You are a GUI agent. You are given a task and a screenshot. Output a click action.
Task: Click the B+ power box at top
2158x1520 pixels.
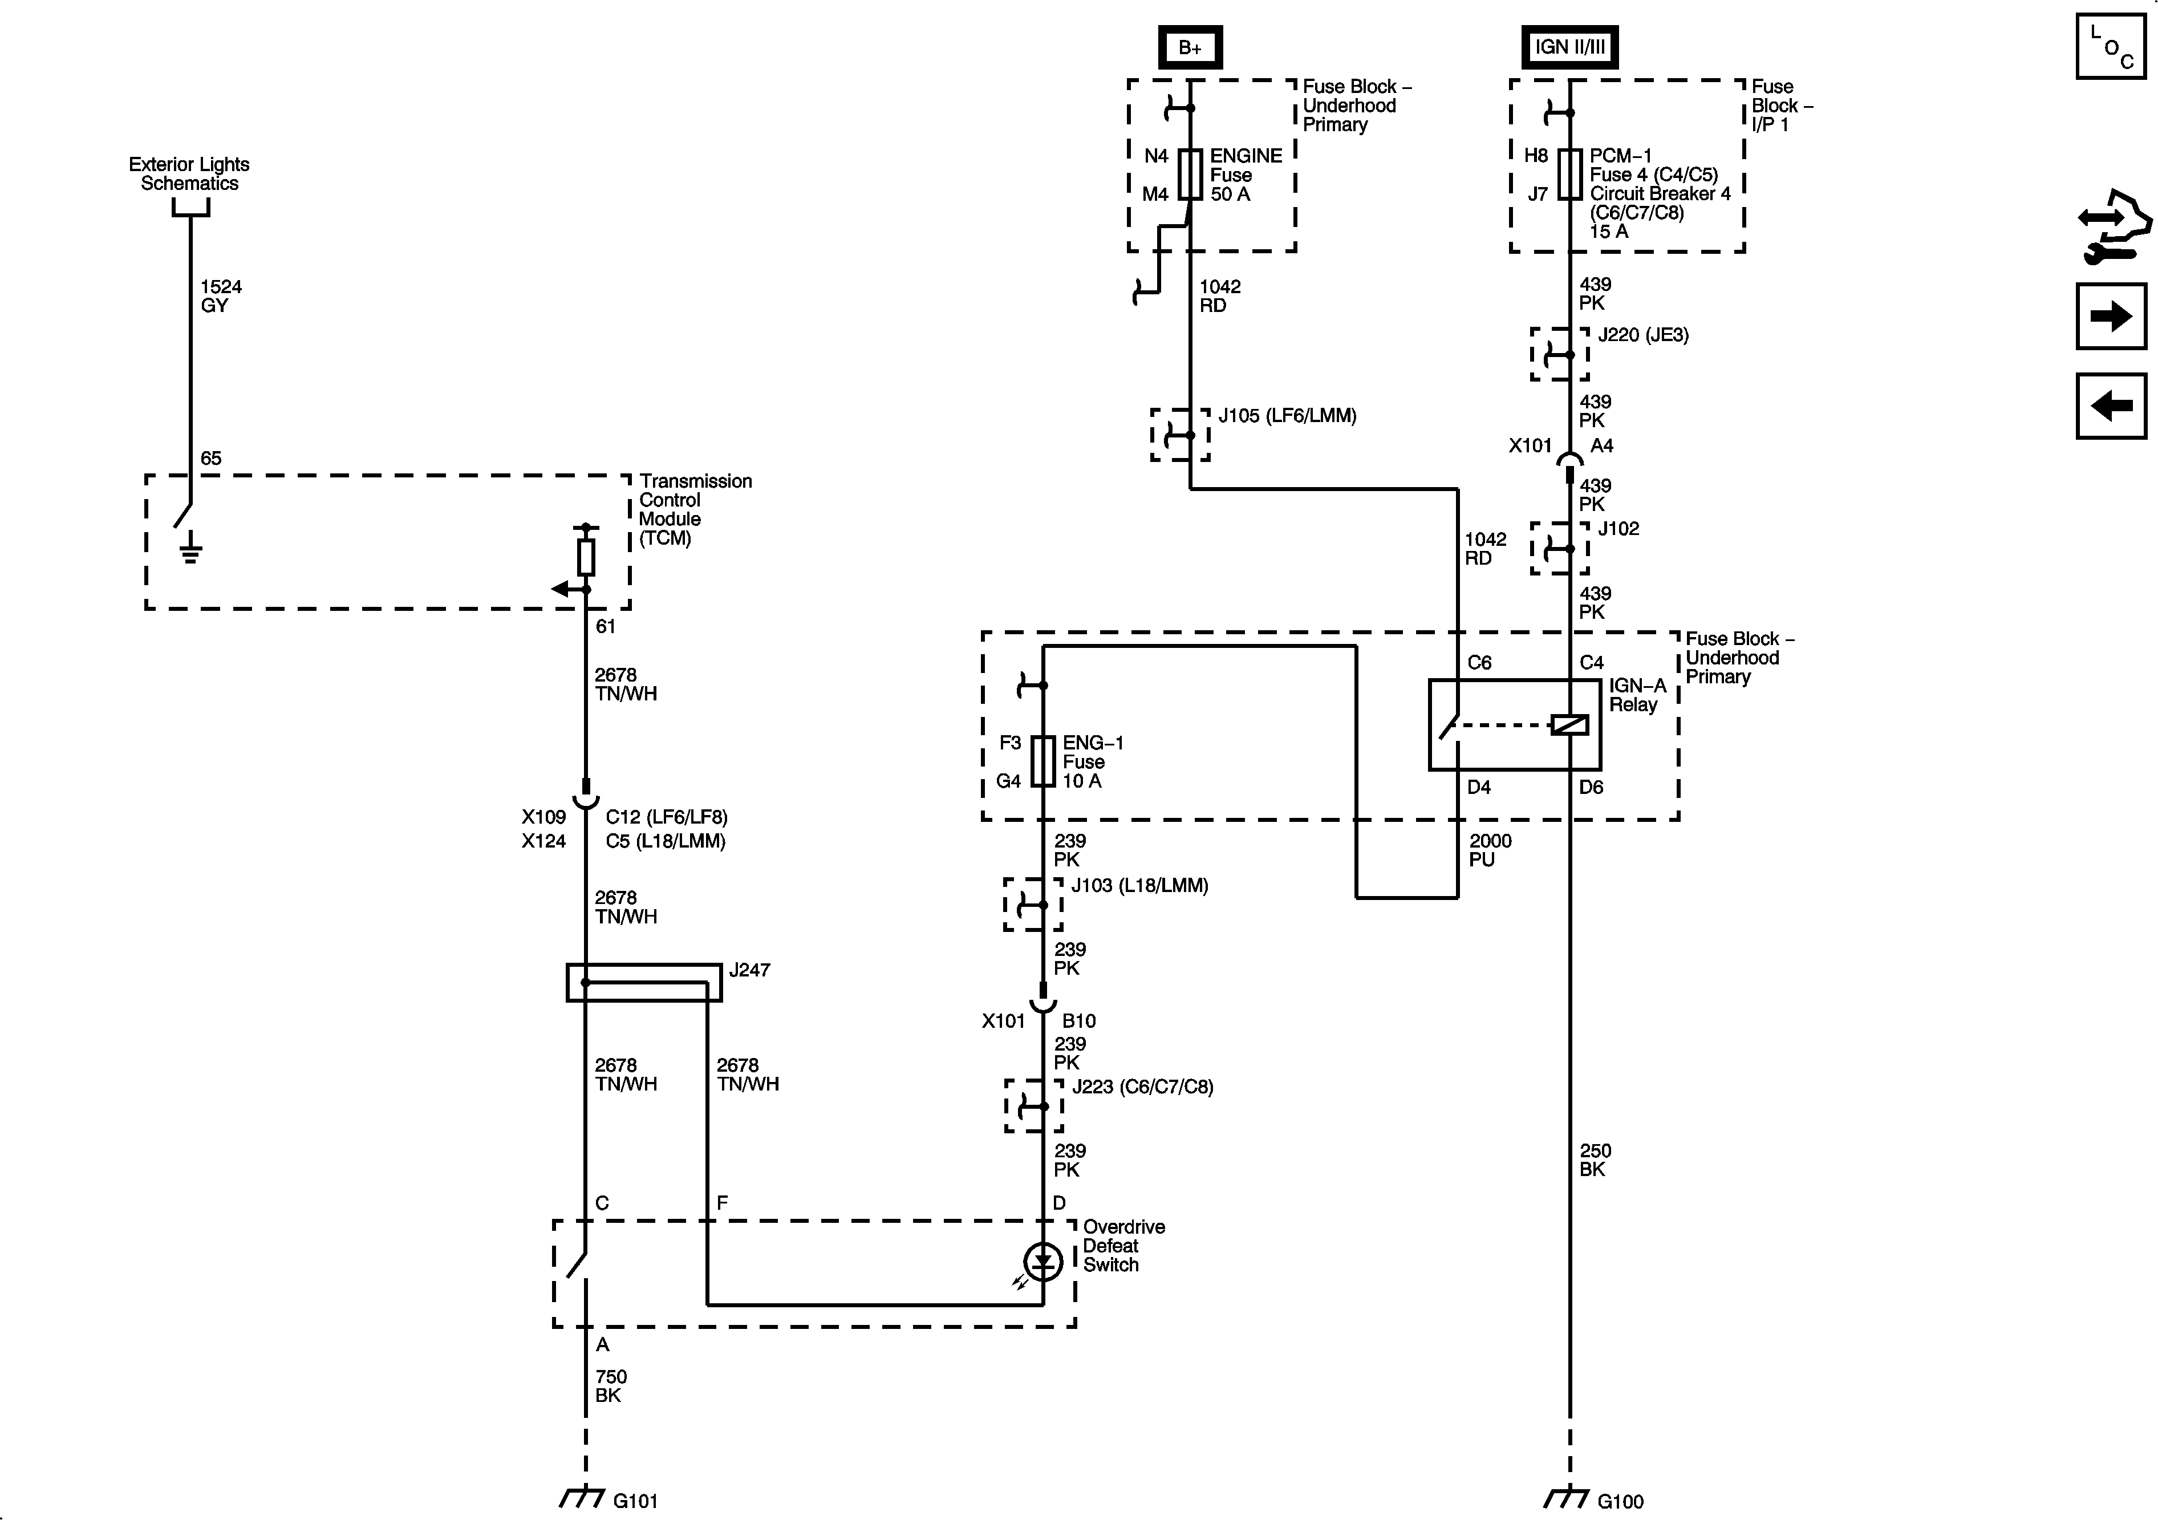1189,47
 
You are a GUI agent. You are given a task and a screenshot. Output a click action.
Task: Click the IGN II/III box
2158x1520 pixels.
1569,47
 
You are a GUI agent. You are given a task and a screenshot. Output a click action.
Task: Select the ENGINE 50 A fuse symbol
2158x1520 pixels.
1190,175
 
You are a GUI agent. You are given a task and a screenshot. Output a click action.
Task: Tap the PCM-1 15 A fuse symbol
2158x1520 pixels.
1569,175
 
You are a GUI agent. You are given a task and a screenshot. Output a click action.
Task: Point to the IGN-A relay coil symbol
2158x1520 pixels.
1569,725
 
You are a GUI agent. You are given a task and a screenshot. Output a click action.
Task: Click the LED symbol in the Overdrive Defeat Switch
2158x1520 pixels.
1043,1262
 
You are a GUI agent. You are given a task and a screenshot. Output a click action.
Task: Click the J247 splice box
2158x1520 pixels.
644,982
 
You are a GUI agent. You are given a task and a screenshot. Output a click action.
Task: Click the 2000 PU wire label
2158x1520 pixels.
1490,850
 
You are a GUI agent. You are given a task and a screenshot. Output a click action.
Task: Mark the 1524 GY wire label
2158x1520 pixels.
221,296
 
